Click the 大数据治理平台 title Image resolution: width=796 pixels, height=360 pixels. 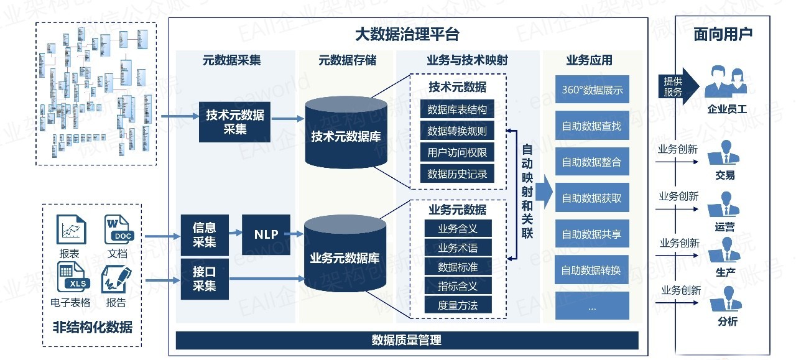[407, 34]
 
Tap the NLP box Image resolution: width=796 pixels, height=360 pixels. [266, 234]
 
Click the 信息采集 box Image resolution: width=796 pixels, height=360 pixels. [205, 234]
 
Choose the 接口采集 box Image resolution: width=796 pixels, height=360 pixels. [205, 279]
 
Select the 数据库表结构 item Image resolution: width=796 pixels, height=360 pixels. [457, 109]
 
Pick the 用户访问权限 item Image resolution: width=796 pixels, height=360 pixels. [457, 152]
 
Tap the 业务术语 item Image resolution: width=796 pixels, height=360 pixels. [458, 247]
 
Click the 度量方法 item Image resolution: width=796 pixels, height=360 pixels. [458, 305]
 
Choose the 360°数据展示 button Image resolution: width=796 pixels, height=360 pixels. [591, 90]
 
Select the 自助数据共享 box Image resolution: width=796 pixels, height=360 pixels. [591, 234]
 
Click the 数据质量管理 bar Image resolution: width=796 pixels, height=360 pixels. [407, 340]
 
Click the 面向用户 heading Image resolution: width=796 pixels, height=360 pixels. [723, 34]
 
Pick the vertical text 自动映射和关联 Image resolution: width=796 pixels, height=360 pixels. [527, 192]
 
